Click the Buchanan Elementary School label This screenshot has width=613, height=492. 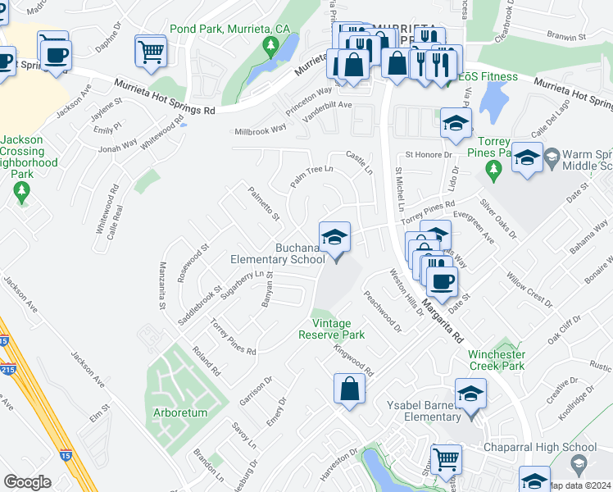279,254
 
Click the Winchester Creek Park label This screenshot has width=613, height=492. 496,360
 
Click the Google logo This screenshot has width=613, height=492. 27,482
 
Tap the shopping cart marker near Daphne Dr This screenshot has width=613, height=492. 151,51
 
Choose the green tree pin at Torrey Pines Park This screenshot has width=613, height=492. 493,171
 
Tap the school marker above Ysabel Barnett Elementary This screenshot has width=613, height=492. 470,395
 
